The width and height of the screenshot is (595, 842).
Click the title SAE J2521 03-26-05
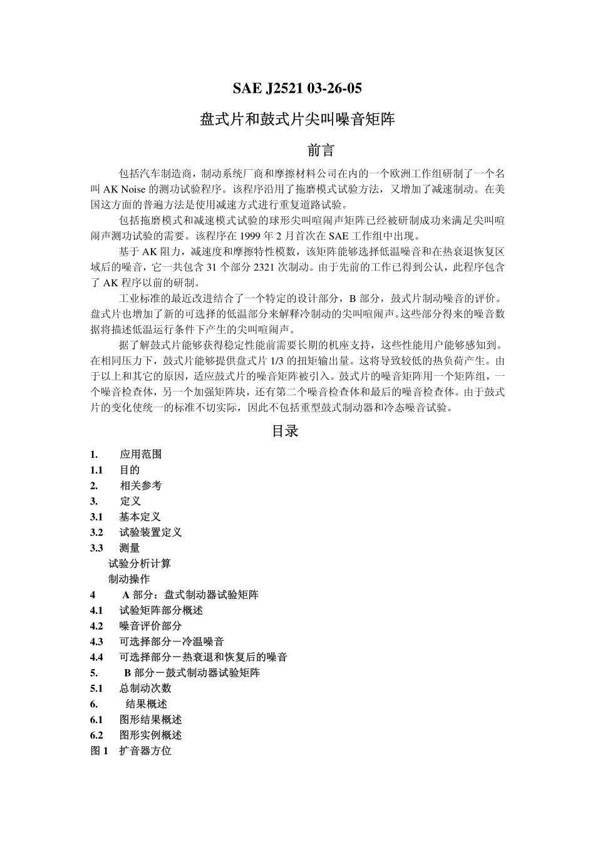point(297,88)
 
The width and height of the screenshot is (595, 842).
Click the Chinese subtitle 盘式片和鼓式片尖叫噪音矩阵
point(297,119)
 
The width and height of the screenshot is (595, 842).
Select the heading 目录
point(285,431)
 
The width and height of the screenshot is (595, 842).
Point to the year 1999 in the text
point(256,236)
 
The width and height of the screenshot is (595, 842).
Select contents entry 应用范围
point(140,454)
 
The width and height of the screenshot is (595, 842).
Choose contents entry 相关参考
point(140,486)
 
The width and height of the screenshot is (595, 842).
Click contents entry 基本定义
point(140,517)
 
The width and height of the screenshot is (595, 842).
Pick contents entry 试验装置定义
point(150,533)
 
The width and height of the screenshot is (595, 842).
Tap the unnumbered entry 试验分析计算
point(139,564)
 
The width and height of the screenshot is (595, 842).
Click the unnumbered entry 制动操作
point(129,580)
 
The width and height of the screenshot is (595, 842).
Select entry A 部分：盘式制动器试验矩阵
point(190,595)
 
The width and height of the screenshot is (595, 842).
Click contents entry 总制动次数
point(145,689)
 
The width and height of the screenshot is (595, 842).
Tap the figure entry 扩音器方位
point(145,751)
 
